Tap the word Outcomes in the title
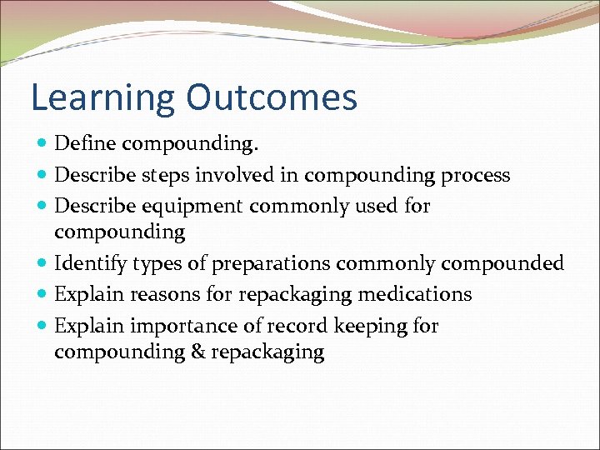272,97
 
